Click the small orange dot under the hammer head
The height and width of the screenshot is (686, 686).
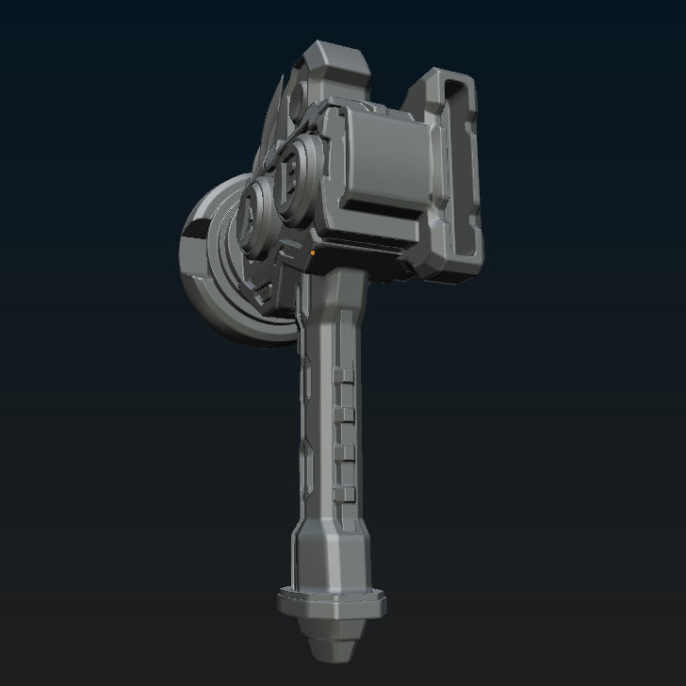point(312,253)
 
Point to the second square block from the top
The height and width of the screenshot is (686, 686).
point(346,416)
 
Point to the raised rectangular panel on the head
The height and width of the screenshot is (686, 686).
point(387,155)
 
